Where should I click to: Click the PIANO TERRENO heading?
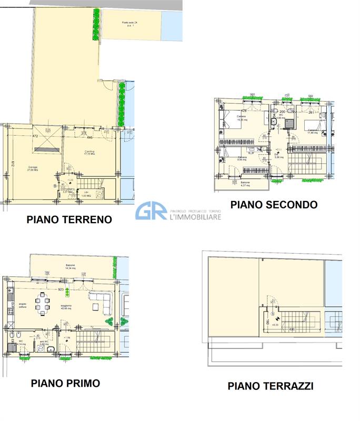coord(69,219)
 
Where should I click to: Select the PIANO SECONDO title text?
coord(274,204)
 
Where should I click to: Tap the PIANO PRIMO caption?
coord(65,383)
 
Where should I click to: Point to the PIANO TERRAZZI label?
coord(271,386)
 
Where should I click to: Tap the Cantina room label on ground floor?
coord(89,153)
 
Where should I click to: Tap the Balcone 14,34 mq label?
coord(70,266)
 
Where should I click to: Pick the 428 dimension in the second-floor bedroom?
coord(229,111)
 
